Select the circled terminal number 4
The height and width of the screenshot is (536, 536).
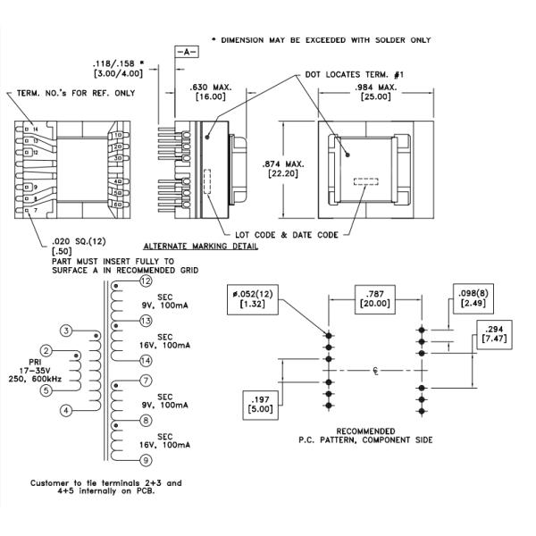click(65, 410)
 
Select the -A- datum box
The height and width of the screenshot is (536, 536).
click(188, 53)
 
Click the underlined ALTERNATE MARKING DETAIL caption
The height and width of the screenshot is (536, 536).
click(200, 246)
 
